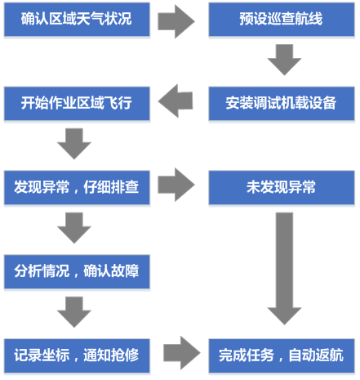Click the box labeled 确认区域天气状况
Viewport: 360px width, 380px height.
click(x=77, y=20)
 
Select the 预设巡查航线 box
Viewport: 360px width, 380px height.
click(x=282, y=20)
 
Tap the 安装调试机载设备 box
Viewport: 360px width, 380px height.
click(x=282, y=104)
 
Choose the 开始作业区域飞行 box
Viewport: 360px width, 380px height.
click(x=77, y=104)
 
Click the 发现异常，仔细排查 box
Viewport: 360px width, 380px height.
click(x=77, y=188)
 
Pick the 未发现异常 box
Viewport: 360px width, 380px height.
click(x=282, y=188)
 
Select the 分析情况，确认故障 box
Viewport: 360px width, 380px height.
click(x=77, y=272)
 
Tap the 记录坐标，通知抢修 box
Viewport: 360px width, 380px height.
click(x=77, y=355)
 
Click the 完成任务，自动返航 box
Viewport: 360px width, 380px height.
click(x=282, y=355)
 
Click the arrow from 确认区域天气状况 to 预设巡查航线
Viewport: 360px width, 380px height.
click(x=176, y=21)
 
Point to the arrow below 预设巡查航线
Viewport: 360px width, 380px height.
click(x=284, y=60)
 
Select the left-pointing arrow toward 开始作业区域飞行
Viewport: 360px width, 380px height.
click(x=176, y=101)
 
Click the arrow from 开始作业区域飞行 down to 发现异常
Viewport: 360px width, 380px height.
click(x=74, y=144)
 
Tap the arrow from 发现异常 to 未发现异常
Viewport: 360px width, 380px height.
click(x=176, y=185)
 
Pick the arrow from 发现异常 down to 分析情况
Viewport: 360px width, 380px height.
click(x=74, y=228)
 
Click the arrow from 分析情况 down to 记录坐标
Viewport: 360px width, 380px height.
click(x=74, y=312)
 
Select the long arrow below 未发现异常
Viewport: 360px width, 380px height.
click(x=284, y=269)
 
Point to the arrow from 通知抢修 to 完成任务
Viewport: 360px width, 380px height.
click(x=182, y=353)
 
